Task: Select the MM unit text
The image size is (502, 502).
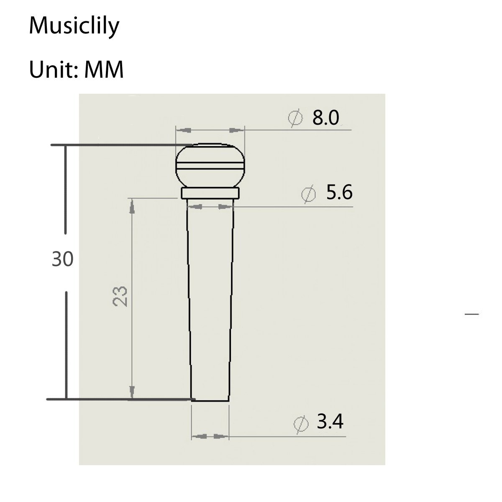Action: pyautogui.click(x=104, y=69)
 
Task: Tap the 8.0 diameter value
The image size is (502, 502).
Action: pyautogui.click(x=325, y=118)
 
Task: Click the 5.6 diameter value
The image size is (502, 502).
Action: pyautogui.click(x=339, y=193)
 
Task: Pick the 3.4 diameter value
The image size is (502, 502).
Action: pyautogui.click(x=330, y=422)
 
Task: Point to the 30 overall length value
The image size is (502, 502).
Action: pyautogui.click(x=63, y=259)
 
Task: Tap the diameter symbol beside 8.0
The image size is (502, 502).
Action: pyautogui.click(x=295, y=118)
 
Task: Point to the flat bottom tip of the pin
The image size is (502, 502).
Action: pyautogui.click(x=210, y=400)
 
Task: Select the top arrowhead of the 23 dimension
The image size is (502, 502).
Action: pyautogui.click(x=132, y=205)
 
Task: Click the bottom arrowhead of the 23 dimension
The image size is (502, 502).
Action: pyautogui.click(x=132, y=392)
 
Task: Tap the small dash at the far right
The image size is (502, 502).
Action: pyautogui.click(x=472, y=314)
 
